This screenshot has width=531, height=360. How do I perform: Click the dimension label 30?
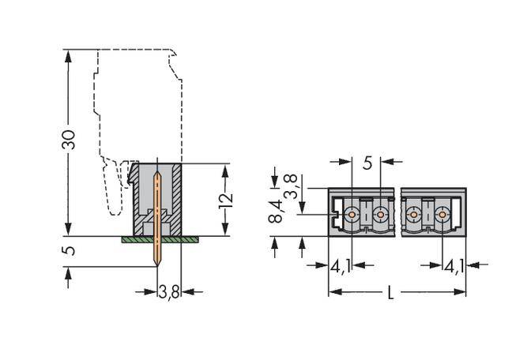point(69,139)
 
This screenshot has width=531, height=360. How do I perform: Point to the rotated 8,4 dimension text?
point(275,212)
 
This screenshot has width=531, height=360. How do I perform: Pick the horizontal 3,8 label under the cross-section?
point(168,292)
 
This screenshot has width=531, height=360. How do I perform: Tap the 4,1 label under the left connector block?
point(341,267)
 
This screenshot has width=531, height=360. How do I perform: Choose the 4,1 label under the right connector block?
point(454,267)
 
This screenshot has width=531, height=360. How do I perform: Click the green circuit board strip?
point(157,238)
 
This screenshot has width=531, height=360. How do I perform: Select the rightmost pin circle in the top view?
point(442,213)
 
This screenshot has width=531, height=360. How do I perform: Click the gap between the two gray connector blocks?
point(398,212)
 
